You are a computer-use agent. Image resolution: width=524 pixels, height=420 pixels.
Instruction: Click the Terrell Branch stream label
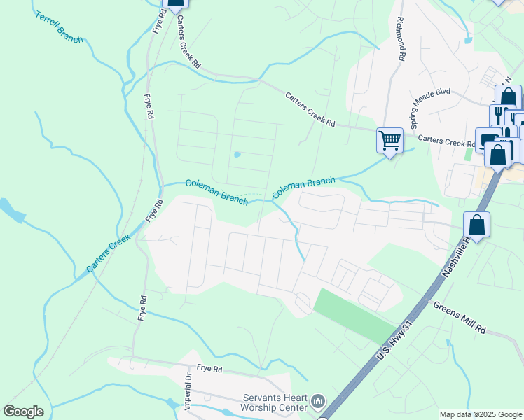60,27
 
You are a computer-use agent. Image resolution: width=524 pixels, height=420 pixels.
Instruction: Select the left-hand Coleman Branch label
216,191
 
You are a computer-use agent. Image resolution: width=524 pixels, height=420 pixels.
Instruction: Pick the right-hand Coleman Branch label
303,185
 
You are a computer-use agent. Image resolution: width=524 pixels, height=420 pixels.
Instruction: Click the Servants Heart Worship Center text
274,402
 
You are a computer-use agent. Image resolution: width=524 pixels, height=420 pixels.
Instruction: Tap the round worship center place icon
319,401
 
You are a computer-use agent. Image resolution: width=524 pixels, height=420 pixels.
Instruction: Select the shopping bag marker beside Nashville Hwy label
476,225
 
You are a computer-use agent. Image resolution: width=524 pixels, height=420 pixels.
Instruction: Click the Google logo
23,412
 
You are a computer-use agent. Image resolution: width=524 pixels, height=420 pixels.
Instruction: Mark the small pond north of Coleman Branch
237,154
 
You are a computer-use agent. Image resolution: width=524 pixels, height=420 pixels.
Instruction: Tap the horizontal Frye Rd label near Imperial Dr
209,368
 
